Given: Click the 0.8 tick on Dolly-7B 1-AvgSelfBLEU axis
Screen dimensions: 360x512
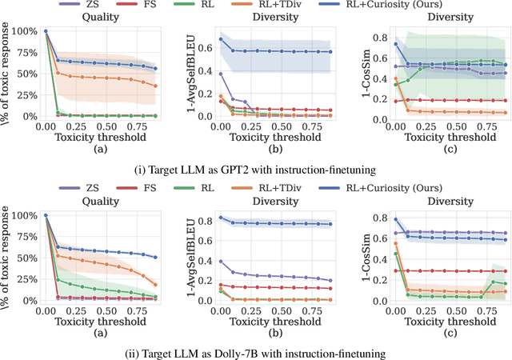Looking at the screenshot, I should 204,218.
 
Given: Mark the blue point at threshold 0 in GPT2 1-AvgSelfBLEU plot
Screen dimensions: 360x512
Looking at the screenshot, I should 222,39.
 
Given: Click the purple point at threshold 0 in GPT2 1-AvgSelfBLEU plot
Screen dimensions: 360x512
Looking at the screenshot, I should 222,74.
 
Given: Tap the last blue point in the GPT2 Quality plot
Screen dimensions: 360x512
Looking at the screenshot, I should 155,69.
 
